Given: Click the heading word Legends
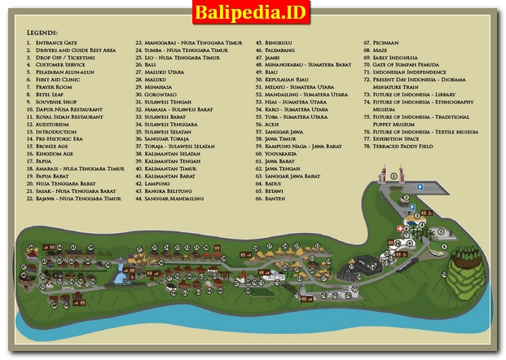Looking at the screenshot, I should point(42,32).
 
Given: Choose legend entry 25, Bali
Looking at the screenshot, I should point(151,65).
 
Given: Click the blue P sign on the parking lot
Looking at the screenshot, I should point(421,187).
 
